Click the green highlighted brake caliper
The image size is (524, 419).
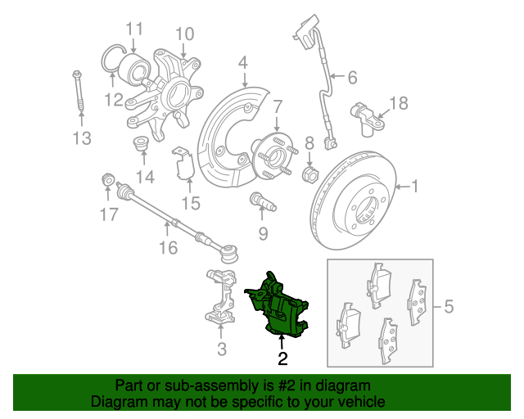(278, 306)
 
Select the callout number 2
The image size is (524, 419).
(282, 358)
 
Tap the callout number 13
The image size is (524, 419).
(82, 138)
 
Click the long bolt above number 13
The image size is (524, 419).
(79, 91)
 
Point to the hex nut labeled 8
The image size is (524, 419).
(310, 174)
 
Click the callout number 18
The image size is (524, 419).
(399, 103)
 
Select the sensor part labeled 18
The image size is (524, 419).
(367, 119)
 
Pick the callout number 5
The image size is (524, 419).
(449, 306)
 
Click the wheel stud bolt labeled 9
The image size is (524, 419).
(263, 201)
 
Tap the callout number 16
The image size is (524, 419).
(169, 248)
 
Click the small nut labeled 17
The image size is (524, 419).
(107, 179)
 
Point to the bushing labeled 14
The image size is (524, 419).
(141, 143)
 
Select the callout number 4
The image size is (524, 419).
(243, 63)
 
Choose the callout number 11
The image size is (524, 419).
(134, 29)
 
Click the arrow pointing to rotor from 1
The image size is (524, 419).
(403, 187)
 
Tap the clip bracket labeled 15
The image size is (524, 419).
(183, 164)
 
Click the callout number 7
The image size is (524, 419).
(278, 106)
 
